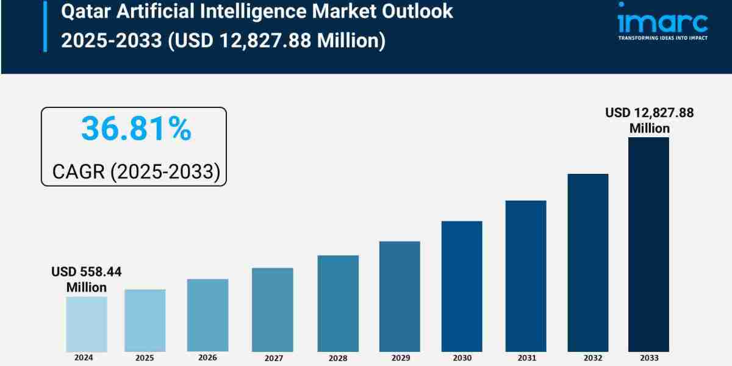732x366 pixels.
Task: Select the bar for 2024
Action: [87, 324]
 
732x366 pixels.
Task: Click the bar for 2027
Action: [272, 309]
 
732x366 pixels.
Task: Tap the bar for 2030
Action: [462, 286]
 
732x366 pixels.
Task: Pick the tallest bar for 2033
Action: [648, 244]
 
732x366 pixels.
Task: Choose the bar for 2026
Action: [207, 315]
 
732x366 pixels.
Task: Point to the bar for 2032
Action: [588, 262]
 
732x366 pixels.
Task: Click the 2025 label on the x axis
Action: [144, 358]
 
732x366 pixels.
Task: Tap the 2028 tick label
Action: [337, 359]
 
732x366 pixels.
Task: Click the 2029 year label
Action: [400, 359]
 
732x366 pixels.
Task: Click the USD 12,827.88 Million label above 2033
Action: [649, 120]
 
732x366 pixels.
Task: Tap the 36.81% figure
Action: [136, 129]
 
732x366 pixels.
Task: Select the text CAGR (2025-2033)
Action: [135, 171]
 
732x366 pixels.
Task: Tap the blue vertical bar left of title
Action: [45, 26]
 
